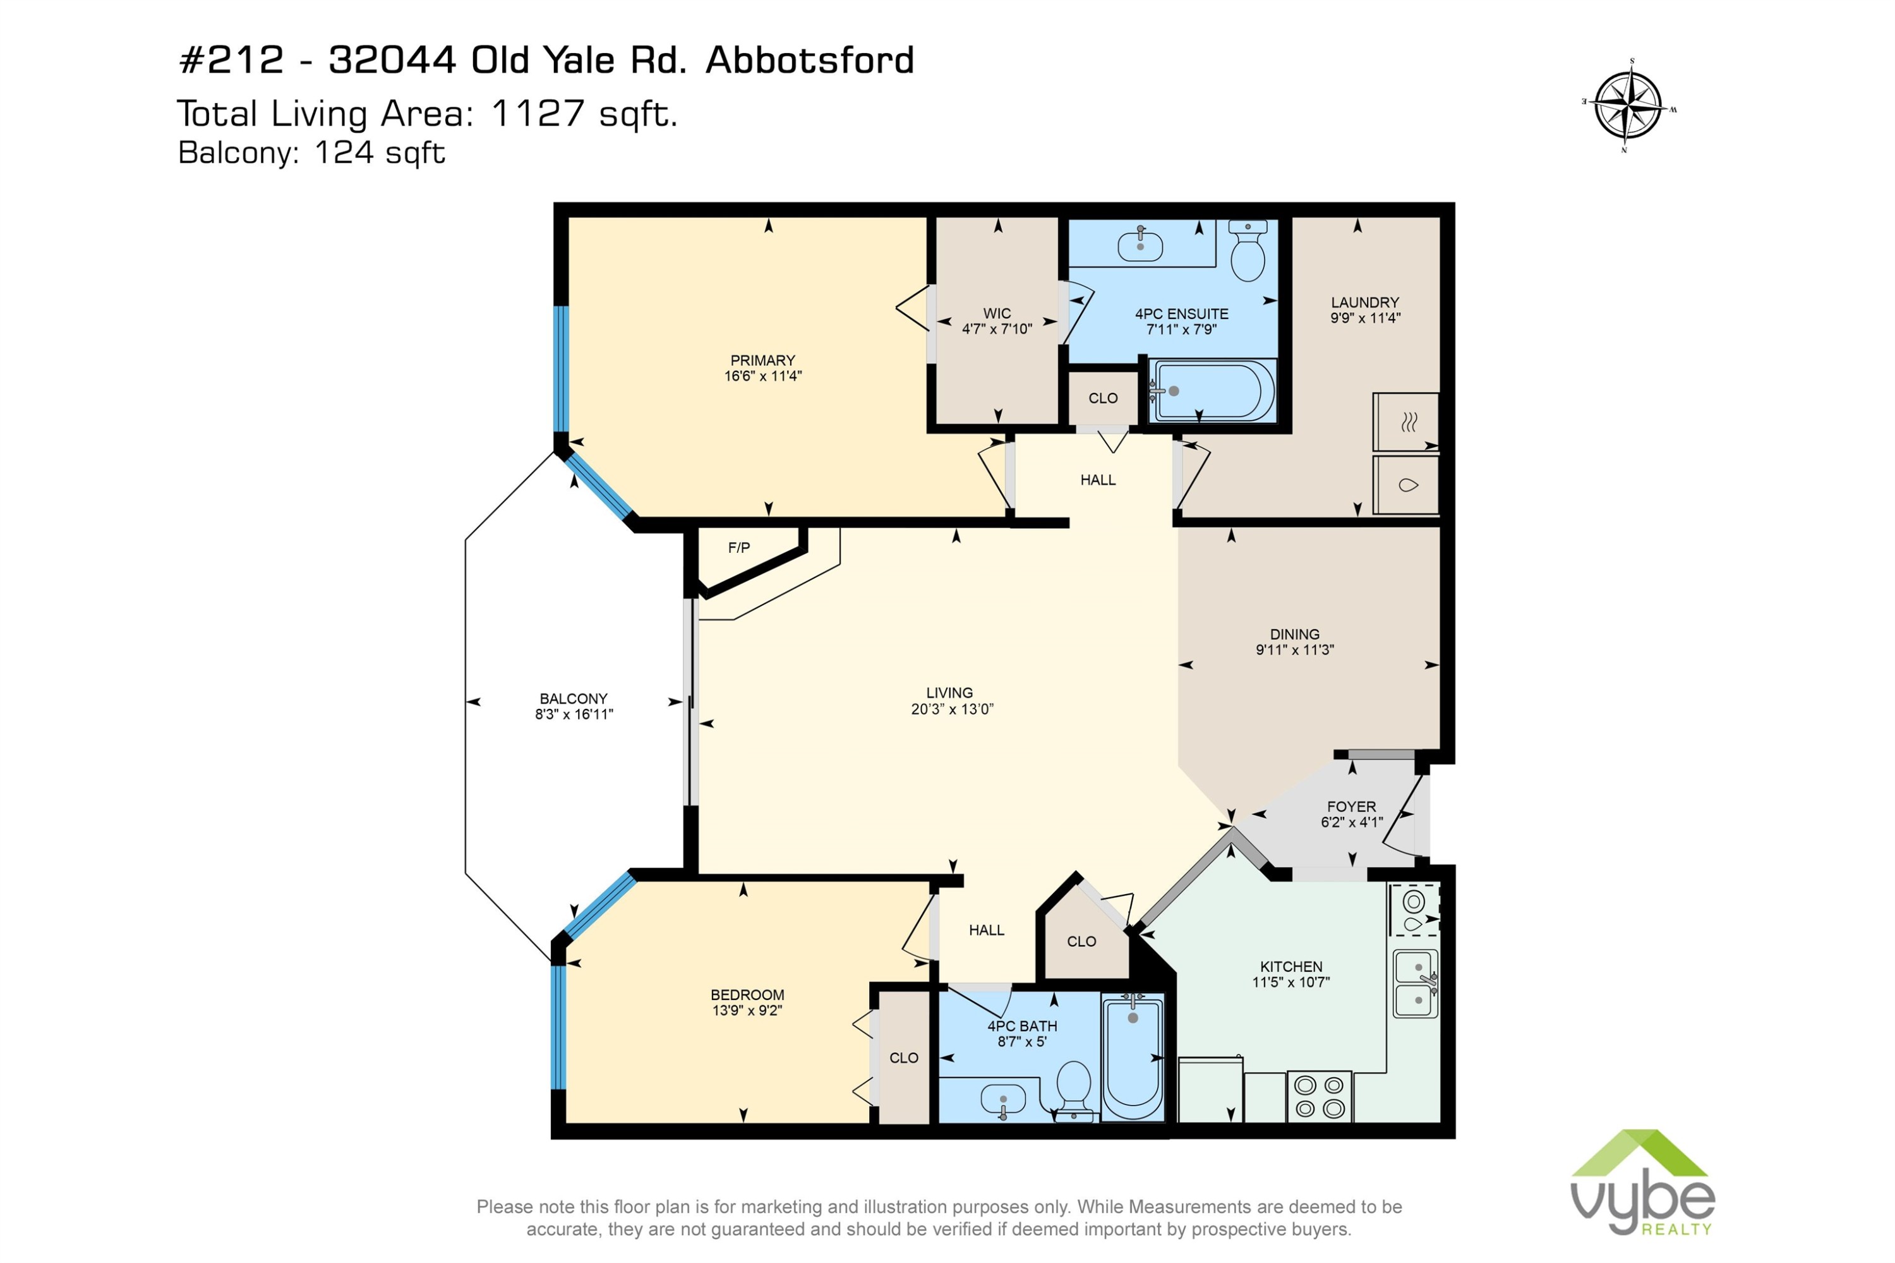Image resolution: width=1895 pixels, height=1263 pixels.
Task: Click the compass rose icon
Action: [x=1628, y=106]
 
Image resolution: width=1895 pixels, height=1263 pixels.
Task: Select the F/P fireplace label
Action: [x=738, y=548]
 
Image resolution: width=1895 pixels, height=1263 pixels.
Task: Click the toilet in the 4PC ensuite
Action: [x=1248, y=250]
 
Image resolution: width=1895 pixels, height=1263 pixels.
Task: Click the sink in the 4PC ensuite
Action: [x=1140, y=244]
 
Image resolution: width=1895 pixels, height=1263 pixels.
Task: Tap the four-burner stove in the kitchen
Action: [x=1318, y=1096]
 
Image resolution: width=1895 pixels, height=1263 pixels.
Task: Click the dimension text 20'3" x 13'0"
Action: [x=952, y=709]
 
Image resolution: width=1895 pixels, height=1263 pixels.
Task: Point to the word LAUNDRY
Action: [x=1364, y=302]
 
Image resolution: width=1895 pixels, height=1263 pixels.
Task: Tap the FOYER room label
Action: [x=1351, y=806]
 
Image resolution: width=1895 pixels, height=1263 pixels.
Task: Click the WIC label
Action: [x=996, y=313]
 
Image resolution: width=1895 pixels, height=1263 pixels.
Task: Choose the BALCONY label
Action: [x=574, y=698]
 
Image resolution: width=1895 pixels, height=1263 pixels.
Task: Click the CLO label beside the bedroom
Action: [x=904, y=1058]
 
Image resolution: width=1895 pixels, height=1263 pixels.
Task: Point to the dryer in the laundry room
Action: [x=1405, y=421]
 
